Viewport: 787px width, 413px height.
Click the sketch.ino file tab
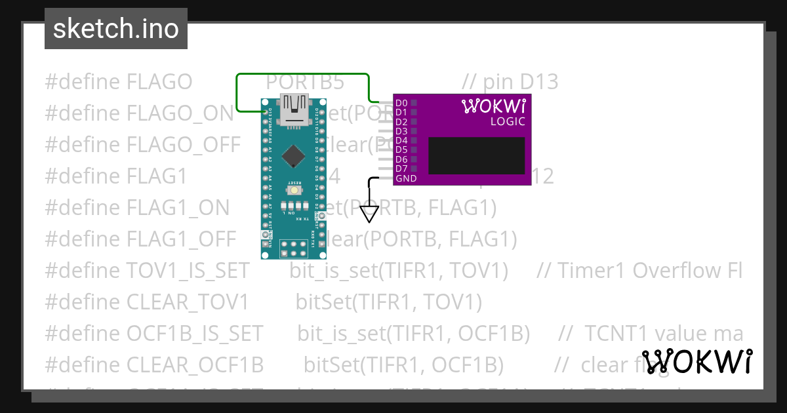click(x=116, y=29)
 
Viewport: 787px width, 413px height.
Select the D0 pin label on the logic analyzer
click(x=401, y=103)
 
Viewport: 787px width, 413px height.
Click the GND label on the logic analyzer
click(x=406, y=178)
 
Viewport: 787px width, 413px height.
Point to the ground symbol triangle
click(x=370, y=214)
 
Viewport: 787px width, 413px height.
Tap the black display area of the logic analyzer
click(x=477, y=155)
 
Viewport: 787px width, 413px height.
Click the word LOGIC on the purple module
click(x=508, y=121)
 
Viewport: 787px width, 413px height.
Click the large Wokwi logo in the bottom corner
click(x=697, y=361)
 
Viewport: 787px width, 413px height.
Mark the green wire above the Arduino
click(x=302, y=75)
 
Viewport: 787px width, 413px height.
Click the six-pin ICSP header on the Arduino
click(x=294, y=248)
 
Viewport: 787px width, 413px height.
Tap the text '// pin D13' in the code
click(x=510, y=82)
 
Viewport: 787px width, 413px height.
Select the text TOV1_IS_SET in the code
click(x=188, y=271)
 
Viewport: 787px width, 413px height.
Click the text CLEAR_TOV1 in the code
click(x=188, y=302)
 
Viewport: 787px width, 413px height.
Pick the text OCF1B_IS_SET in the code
click(x=194, y=334)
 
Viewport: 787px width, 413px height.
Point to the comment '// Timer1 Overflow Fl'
click(x=639, y=271)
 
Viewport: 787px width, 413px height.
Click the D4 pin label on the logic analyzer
click(x=401, y=141)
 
